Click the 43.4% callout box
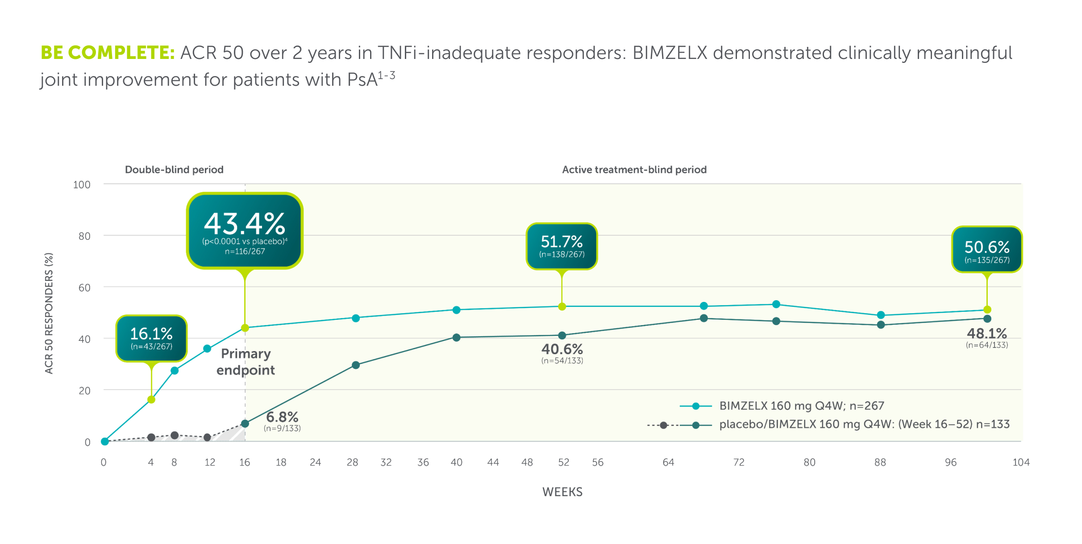pyautogui.click(x=245, y=231)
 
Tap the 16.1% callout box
pyautogui.click(x=151, y=338)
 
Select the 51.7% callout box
pyautogui.click(x=562, y=246)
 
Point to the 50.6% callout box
pyautogui.click(x=986, y=250)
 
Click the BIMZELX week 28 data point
pyautogui.click(x=356, y=318)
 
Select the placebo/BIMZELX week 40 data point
pyautogui.click(x=456, y=338)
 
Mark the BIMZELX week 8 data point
pyautogui.click(x=175, y=371)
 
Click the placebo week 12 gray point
pyautogui.click(x=207, y=437)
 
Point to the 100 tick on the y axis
pyautogui.click(x=82, y=185)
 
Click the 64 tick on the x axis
pyautogui.click(x=668, y=463)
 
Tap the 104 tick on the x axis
pyautogui.click(x=1021, y=463)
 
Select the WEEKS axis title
pyautogui.click(x=562, y=492)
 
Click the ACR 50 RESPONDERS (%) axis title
pyautogui.click(x=49, y=313)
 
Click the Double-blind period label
pyautogui.click(x=174, y=170)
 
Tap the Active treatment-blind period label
pyautogui.click(x=634, y=170)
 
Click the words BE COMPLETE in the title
pyautogui.click(x=107, y=53)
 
